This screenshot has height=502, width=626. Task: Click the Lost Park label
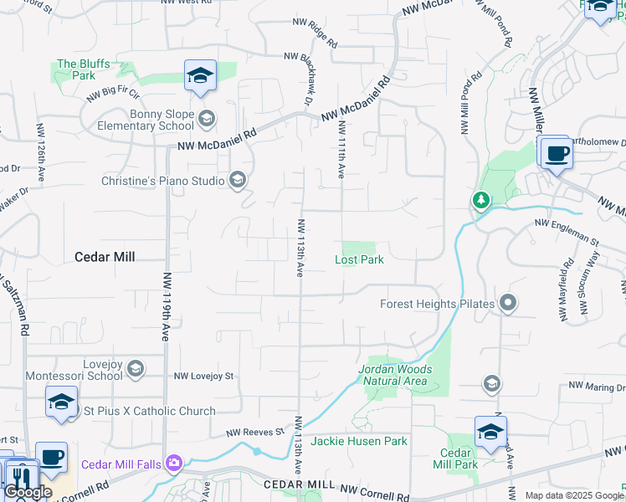pos(359,259)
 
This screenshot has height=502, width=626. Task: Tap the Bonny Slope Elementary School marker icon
pos(207,120)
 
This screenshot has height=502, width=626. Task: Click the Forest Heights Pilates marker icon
pos(506,304)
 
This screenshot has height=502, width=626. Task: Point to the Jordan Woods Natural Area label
pos(395,375)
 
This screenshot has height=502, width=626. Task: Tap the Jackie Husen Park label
pos(359,441)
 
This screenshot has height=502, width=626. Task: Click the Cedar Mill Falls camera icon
pos(173,463)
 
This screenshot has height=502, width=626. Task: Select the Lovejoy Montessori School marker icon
pos(136,369)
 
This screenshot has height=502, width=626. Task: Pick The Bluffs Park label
pos(77,69)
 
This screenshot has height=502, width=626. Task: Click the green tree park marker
pos(480,200)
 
